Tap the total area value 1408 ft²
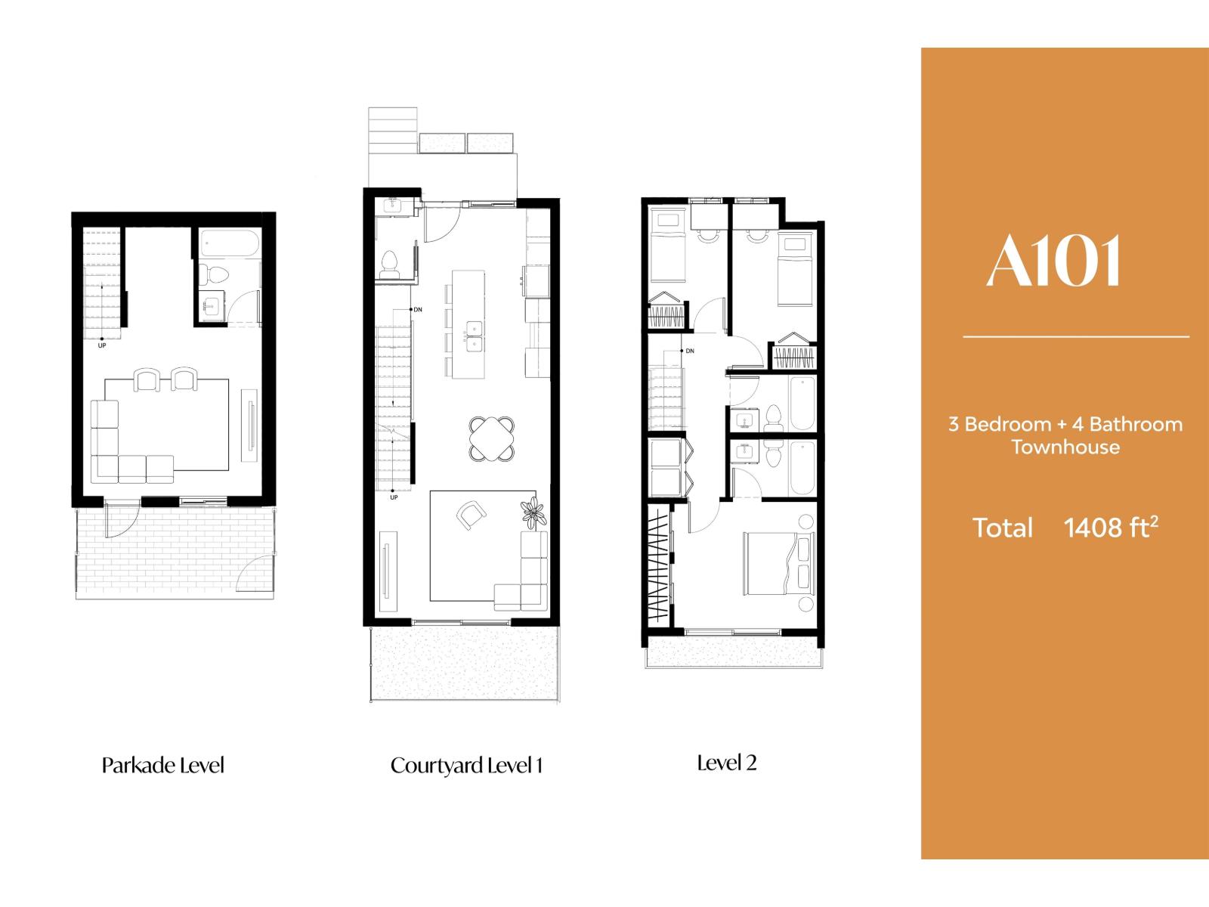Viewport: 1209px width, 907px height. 1111,527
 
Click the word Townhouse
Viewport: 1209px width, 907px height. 1065,447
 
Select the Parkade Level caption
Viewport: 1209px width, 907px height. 163,765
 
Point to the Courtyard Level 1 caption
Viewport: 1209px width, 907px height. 466,765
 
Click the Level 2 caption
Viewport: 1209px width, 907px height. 726,763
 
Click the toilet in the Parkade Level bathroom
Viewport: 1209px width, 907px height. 215,274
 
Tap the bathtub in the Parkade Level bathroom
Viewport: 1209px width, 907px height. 230,244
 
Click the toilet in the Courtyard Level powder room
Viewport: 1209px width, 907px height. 390,262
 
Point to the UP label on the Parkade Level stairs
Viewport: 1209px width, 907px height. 102,346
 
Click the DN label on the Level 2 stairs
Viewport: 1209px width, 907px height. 689,351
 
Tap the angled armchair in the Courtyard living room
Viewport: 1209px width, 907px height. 472,515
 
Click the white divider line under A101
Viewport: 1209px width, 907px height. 1076,336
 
